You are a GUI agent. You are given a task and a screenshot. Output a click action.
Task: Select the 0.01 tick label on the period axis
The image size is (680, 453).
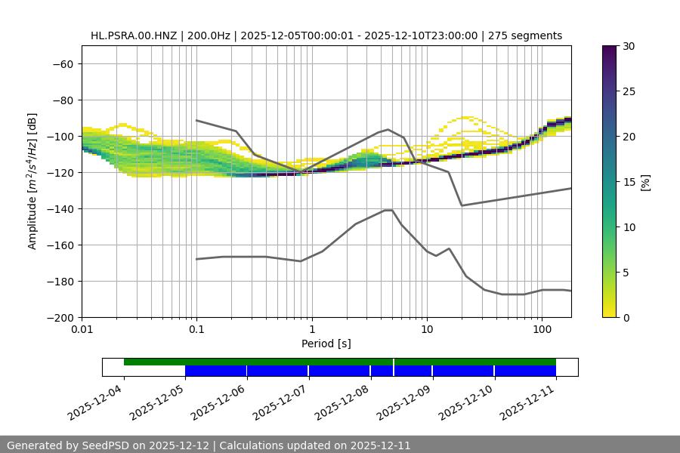[x=82, y=330]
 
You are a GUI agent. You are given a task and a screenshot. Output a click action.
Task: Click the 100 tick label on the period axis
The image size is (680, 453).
[x=541, y=330]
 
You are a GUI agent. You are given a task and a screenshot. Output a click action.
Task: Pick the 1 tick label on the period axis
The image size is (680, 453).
[x=311, y=330]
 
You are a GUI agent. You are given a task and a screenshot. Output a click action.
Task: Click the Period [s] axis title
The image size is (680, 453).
[x=326, y=344]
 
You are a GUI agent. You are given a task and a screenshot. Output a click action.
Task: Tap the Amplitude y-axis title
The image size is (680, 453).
[x=32, y=181]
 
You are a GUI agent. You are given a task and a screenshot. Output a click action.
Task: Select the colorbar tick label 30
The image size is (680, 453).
[x=629, y=46]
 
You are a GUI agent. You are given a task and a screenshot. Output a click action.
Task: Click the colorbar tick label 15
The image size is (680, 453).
[x=629, y=182]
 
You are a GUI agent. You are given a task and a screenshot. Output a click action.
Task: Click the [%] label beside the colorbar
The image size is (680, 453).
[x=646, y=182]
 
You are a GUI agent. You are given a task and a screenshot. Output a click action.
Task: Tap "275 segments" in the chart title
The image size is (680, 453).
[x=525, y=35]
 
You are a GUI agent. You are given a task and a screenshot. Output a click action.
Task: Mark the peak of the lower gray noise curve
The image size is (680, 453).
[x=388, y=210]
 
